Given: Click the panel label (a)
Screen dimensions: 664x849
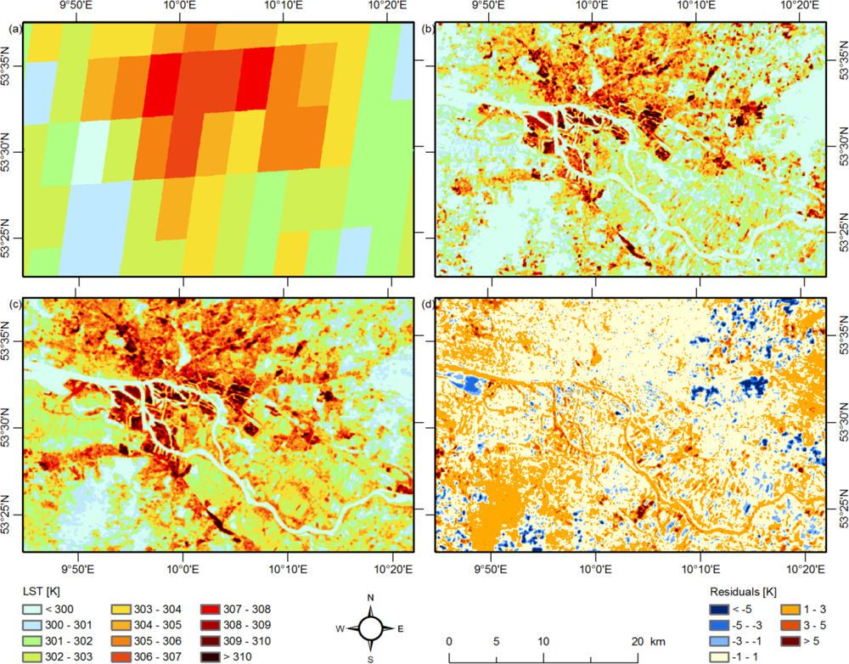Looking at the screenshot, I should pos(14,30).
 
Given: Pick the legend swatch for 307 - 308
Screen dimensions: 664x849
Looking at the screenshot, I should pos(210,609).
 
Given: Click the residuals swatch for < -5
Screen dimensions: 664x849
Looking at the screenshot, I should pos(721,609).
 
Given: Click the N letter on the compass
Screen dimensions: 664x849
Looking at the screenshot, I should pos(370,598).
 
